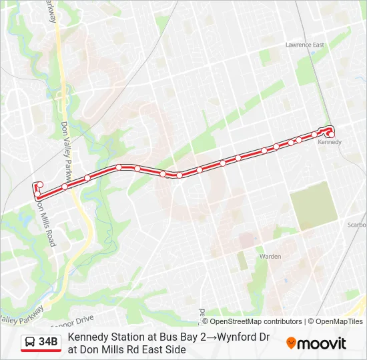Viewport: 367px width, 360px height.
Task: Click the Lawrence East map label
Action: click(305, 45)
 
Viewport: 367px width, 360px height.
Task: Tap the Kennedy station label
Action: click(330, 142)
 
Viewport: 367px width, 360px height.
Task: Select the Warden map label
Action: click(270, 256)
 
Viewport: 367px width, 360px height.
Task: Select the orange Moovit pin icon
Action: click(291, 343)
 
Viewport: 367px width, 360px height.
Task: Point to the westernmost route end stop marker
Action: click(39, 184)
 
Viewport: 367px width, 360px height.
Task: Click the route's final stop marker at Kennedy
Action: click(331, 134)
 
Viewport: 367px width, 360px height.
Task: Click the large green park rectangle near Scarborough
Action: click(314, 205)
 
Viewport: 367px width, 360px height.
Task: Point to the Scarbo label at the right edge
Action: click(356, 225)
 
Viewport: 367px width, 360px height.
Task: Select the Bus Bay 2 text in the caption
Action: click(176, 337)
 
